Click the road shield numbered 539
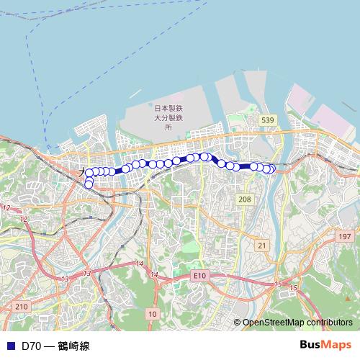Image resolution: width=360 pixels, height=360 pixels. tap(268, 119)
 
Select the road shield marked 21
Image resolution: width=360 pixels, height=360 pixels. tap(261, 246)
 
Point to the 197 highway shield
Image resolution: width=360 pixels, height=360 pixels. tap(345, 236)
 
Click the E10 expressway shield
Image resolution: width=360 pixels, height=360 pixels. tap(199, 275)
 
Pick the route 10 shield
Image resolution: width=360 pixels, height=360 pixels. tap(151, 313)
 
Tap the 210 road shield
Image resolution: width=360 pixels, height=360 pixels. tap(21, 307)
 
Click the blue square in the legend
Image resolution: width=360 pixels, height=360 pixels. tap(10, 346)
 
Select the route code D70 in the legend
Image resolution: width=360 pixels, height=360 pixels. tap(31, 346)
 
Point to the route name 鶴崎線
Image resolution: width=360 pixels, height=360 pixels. tap(75, 346)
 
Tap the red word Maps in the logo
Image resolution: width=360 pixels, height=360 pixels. tap(339, 344)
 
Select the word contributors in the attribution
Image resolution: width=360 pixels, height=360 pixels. tap(328, 323)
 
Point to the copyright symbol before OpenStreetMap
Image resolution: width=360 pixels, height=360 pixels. tap(237, 323)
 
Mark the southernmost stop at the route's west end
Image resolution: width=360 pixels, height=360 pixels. tap(89, 184)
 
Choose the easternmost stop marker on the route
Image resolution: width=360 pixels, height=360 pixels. tap(271, 169)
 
